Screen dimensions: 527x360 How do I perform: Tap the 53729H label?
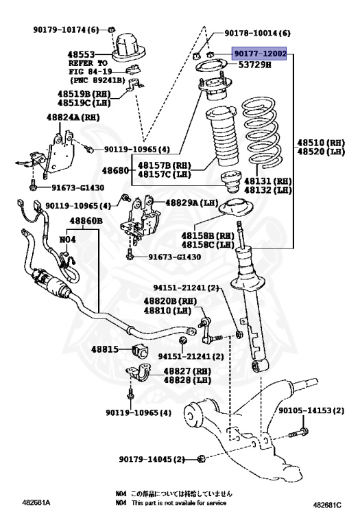click(254, 65)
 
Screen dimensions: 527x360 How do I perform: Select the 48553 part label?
click(82, 52)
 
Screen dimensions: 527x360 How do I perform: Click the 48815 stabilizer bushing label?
click(106, 349)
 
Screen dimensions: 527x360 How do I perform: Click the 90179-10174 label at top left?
click(66, 29)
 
